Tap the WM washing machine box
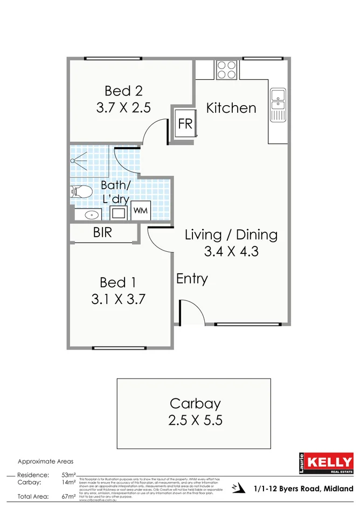point(140,210)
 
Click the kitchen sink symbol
point(278,105)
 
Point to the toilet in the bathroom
point(80,191)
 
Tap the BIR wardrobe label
point(102,233)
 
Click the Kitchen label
point(231,108)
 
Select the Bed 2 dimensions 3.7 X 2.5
point(123,107)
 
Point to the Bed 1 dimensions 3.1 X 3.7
point(118,299)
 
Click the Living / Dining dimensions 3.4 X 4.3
point(231,251)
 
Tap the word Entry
point(192,279)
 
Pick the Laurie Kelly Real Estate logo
point(326,464)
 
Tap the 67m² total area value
point(68,496)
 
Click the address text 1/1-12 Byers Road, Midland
point(303,488)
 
